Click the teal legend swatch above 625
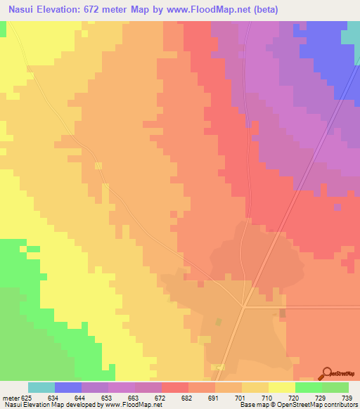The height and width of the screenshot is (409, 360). coord(41,387)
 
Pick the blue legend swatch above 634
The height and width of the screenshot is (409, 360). coord(68,387)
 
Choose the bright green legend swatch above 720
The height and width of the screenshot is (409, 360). coord(309,387)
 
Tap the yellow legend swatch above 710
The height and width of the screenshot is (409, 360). coord(255,387)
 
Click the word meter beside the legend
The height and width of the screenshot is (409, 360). coord(11,397)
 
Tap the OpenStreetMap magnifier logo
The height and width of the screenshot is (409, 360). coord(328,372)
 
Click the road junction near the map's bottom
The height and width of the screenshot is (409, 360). coord(243,306)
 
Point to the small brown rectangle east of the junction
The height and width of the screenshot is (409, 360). coord(283,313)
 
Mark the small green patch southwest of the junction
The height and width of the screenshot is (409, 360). coord(218,322)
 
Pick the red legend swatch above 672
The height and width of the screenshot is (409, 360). coord(175,387)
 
